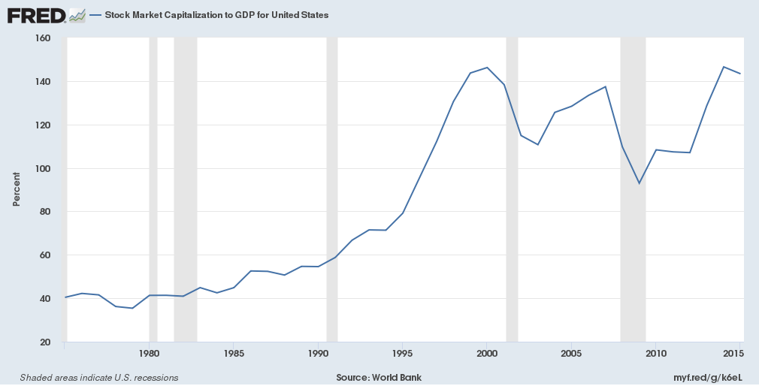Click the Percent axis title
coord(17,188)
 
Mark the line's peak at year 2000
coord(487,68)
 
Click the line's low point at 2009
coord(640,183)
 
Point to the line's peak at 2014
coord(724,67)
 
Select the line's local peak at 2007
coord(606,86)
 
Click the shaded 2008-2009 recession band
coord(633,225)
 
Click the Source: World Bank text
coord(379,377)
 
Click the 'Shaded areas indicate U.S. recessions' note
coord(99,377)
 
